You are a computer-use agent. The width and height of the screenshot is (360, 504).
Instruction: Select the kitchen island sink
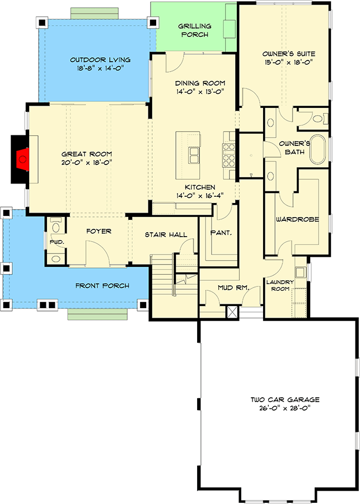pos(194,154)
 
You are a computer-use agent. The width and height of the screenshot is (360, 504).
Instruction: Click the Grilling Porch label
pos(194,30)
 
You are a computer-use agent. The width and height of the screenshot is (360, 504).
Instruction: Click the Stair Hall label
pos(166,234)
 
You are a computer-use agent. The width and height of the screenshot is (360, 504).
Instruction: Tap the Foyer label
pos(99,230)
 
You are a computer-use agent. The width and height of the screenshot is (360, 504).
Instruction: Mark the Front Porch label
pos(102,286)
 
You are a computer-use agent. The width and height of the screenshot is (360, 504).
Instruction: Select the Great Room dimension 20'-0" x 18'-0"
pos(87,163)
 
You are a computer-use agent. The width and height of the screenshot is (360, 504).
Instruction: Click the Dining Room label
pos(195,83)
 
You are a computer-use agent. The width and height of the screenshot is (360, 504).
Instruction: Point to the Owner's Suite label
pos(289,54)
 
